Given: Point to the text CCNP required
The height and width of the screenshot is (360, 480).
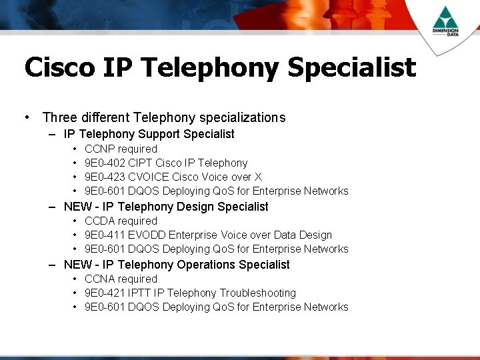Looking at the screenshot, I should pos(121,149).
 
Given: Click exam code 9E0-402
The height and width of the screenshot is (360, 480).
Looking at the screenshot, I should pos(107,163).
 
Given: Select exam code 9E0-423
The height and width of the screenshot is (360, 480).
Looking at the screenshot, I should pos(107,177).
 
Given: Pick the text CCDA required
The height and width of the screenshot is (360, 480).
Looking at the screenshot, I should pos(121,221).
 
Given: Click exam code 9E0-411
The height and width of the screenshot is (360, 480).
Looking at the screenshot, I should pos(107,235).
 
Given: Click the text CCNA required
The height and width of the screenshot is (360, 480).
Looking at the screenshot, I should pos(121,279).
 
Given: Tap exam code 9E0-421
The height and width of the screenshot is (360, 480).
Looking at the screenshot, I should pos(107,293).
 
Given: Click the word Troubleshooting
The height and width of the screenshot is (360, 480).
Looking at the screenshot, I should pos(257,293).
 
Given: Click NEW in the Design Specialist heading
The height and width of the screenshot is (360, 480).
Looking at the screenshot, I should pos(77,207).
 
